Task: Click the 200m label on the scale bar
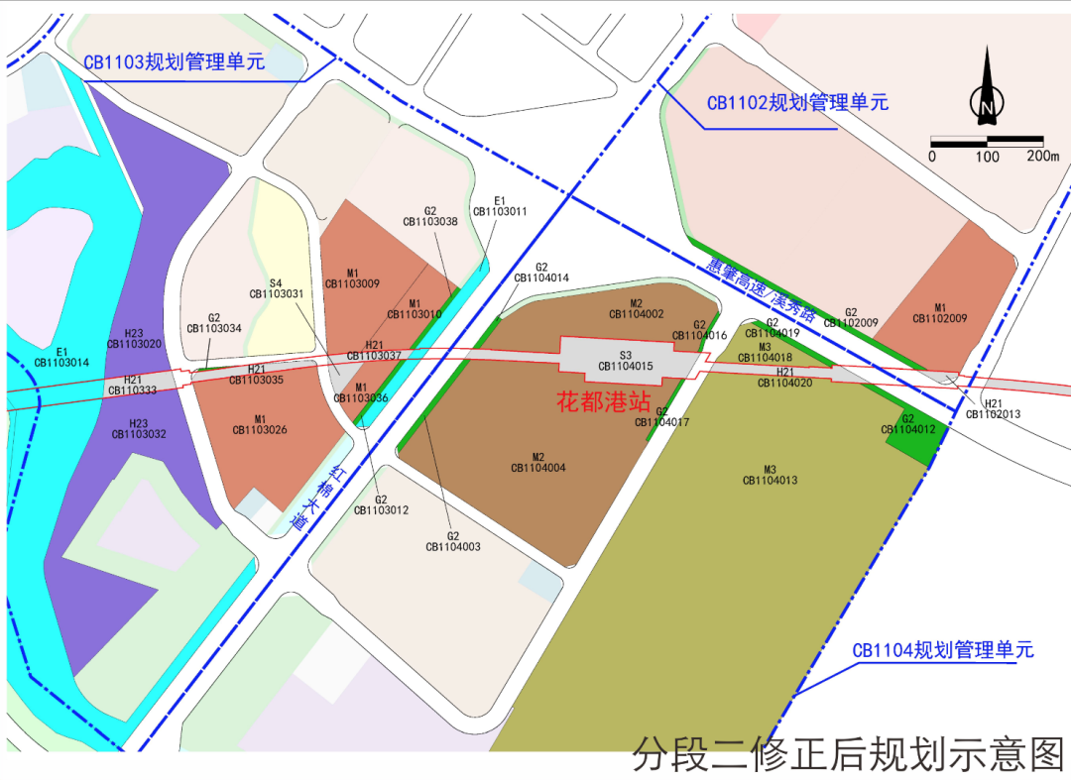[1042, 157]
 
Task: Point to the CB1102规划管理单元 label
[797, 102]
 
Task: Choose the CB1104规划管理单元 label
[943, 650]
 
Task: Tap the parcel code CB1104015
[626, 367]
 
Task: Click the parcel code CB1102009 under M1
[940, 319]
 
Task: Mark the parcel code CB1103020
[135, 344]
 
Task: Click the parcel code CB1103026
[260, 430]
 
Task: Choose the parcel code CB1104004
[538, 468]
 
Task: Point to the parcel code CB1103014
[61, 363]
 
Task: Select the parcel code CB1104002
[637, 314]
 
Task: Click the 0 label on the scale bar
[932, 157]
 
